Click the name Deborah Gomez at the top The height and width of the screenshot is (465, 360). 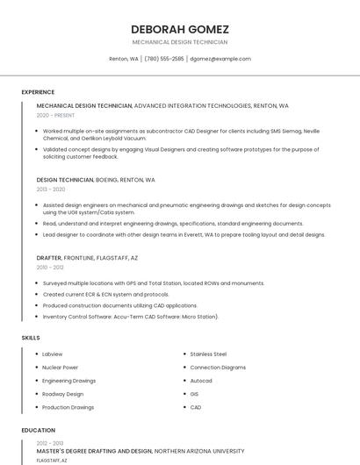coord(179,28)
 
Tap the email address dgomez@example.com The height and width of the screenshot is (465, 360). coord(220,59)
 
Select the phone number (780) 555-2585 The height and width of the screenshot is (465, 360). coord(164,59)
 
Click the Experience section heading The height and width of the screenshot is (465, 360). coord(38,92)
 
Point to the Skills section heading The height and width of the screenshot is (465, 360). coord(31,338)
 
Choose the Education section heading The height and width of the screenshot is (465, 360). coord(38,431)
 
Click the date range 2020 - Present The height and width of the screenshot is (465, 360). coord(55,115)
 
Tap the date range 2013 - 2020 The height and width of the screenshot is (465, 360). coord(51,189)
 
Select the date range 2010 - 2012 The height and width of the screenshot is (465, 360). coord(50,268)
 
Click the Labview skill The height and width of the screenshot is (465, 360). coord(53,354)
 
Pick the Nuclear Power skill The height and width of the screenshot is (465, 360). coord(61,367)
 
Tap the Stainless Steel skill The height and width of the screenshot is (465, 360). coord(208,354)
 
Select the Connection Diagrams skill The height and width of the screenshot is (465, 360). coord(218,367)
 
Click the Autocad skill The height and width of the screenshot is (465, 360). coord(201,381)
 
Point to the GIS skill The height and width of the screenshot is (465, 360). coord(194,394)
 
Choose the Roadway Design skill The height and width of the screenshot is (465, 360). coord(63,394)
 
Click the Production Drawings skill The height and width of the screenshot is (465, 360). coord(68,407)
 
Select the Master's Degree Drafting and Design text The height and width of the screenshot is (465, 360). coord(94,451)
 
